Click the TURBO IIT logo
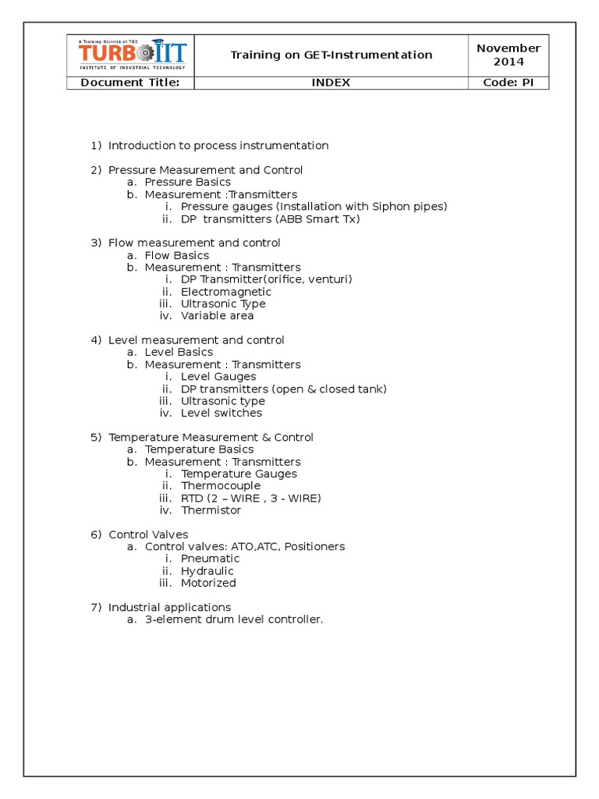click(x=131, y=53)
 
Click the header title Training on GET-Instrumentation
click(x=331, y=55)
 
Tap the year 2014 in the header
click(x=509, y=62)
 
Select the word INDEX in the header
click(x=331, y=83)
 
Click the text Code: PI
click(x=509, y=83)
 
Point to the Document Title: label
click(x=130, y=83)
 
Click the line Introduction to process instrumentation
click(x=218, y=145)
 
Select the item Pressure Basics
click(x=188, y=182)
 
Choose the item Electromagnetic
click(x=226, y=292)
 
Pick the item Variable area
click(x=218, y=316)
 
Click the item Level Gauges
click(x=218, y=377)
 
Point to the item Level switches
click(x=222, y=413)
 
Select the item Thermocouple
click(x=221, y=485)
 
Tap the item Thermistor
click(x=211, y=510)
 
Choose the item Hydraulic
click(x=207, y=571)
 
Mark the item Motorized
click(x=208, y=583)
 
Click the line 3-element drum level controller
click(x=234, y=620)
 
